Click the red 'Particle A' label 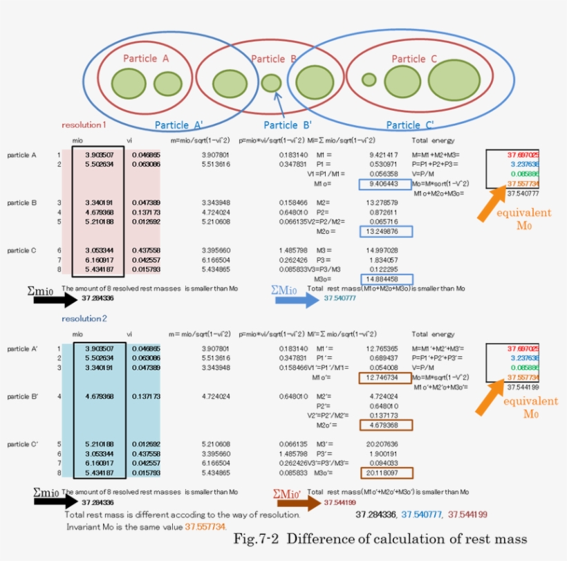146,59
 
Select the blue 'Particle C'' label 410,125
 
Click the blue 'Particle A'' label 178,125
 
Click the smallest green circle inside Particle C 369,80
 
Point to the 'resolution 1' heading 84,125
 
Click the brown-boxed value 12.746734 384,378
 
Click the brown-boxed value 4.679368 384,425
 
